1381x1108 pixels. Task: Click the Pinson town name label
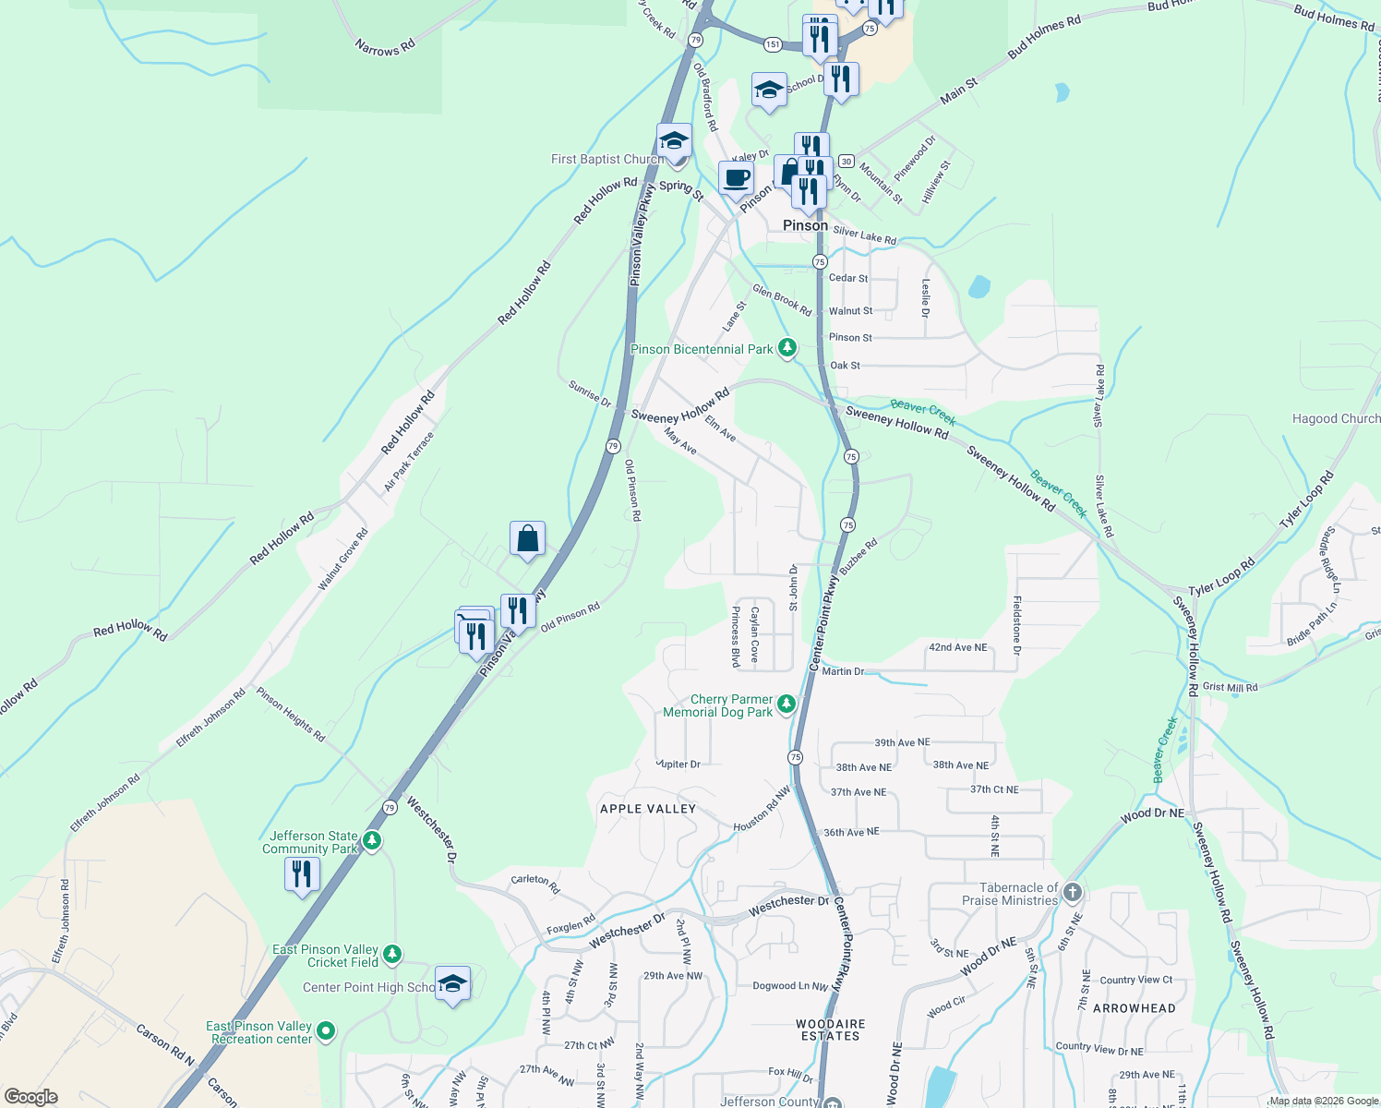tap(805, 225)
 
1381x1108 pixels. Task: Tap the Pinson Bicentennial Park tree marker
tap(787, 348)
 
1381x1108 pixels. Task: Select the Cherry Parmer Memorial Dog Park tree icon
tap(786, 705)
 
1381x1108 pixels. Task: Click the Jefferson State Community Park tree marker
tap(372, 840)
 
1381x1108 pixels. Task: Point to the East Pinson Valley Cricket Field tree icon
tap(392, 954)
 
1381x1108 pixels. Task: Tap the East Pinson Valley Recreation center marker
tap(325, 1030)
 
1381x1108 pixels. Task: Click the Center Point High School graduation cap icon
tap(452, 984)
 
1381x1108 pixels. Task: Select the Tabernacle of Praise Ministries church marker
tap(1072, 892)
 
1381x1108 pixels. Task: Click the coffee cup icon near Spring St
tap(736, 177)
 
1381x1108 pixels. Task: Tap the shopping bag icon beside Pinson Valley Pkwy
tap(527, 538)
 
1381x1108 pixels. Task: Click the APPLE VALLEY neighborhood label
tap(648, 809)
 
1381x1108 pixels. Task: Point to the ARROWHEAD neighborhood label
tap(1135, 1008)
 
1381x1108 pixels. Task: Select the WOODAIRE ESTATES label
tap(831, 1030)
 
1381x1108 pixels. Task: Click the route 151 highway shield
tap(773, 44)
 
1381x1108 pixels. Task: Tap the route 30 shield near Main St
tap(847, 161)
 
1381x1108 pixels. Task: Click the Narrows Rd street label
tap(385, 46)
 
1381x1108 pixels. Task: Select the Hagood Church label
tap(1336, 418)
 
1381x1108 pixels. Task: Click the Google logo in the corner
tap(31, 1097)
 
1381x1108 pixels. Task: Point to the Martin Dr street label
tap(843, 671)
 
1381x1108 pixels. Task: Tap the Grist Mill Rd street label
tap(1230, 687)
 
